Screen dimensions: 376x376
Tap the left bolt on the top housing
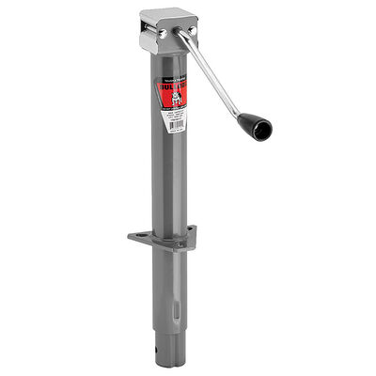[161, 34]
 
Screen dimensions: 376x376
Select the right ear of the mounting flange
[191, 235]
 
